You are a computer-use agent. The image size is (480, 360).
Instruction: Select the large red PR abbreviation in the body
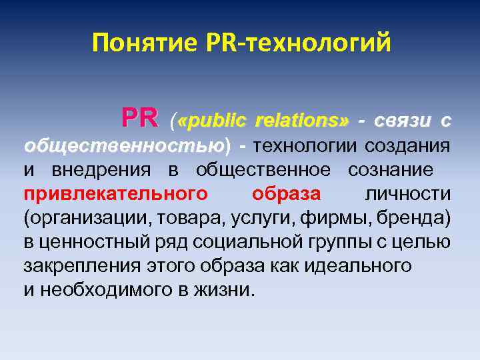(x=140, y=120)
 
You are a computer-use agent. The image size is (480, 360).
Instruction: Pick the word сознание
(x=390, y=170)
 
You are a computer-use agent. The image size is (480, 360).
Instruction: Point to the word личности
(x=408, y=194)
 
